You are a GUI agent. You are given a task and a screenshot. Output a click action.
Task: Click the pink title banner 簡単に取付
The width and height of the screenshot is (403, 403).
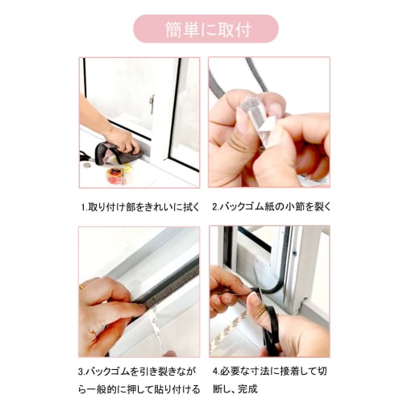coord(206,29)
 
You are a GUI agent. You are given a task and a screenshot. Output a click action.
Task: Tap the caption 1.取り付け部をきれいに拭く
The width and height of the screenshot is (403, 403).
coord(140,207)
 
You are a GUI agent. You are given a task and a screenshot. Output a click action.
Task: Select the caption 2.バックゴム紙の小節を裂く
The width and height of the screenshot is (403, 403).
coord(272,207)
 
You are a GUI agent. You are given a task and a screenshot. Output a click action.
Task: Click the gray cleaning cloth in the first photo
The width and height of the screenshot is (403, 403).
coord(118,153)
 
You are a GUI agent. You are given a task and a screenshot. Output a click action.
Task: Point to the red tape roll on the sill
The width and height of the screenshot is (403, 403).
coord(117,176)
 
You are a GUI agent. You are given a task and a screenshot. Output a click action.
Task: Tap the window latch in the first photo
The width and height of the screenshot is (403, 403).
coord(152,103)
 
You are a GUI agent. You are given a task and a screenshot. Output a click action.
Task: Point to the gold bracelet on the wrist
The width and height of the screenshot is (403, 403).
coord(81,287)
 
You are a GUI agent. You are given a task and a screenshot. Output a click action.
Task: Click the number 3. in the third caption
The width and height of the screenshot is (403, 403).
coord(81,372)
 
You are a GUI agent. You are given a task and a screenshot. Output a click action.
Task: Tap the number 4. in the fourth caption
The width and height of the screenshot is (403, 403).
coord(217,372)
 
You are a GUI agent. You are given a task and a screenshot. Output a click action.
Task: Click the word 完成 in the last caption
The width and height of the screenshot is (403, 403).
coord(247,389)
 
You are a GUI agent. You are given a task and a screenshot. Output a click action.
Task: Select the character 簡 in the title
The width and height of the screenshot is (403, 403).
coord(173,29)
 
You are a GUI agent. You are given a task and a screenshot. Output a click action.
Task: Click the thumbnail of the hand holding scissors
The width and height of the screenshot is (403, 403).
coord(269,292)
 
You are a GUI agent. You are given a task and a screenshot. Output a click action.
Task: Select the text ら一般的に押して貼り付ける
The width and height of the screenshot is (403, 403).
coord(139,389)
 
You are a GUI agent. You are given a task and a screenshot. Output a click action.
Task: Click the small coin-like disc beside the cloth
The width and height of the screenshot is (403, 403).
coord(87,165)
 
